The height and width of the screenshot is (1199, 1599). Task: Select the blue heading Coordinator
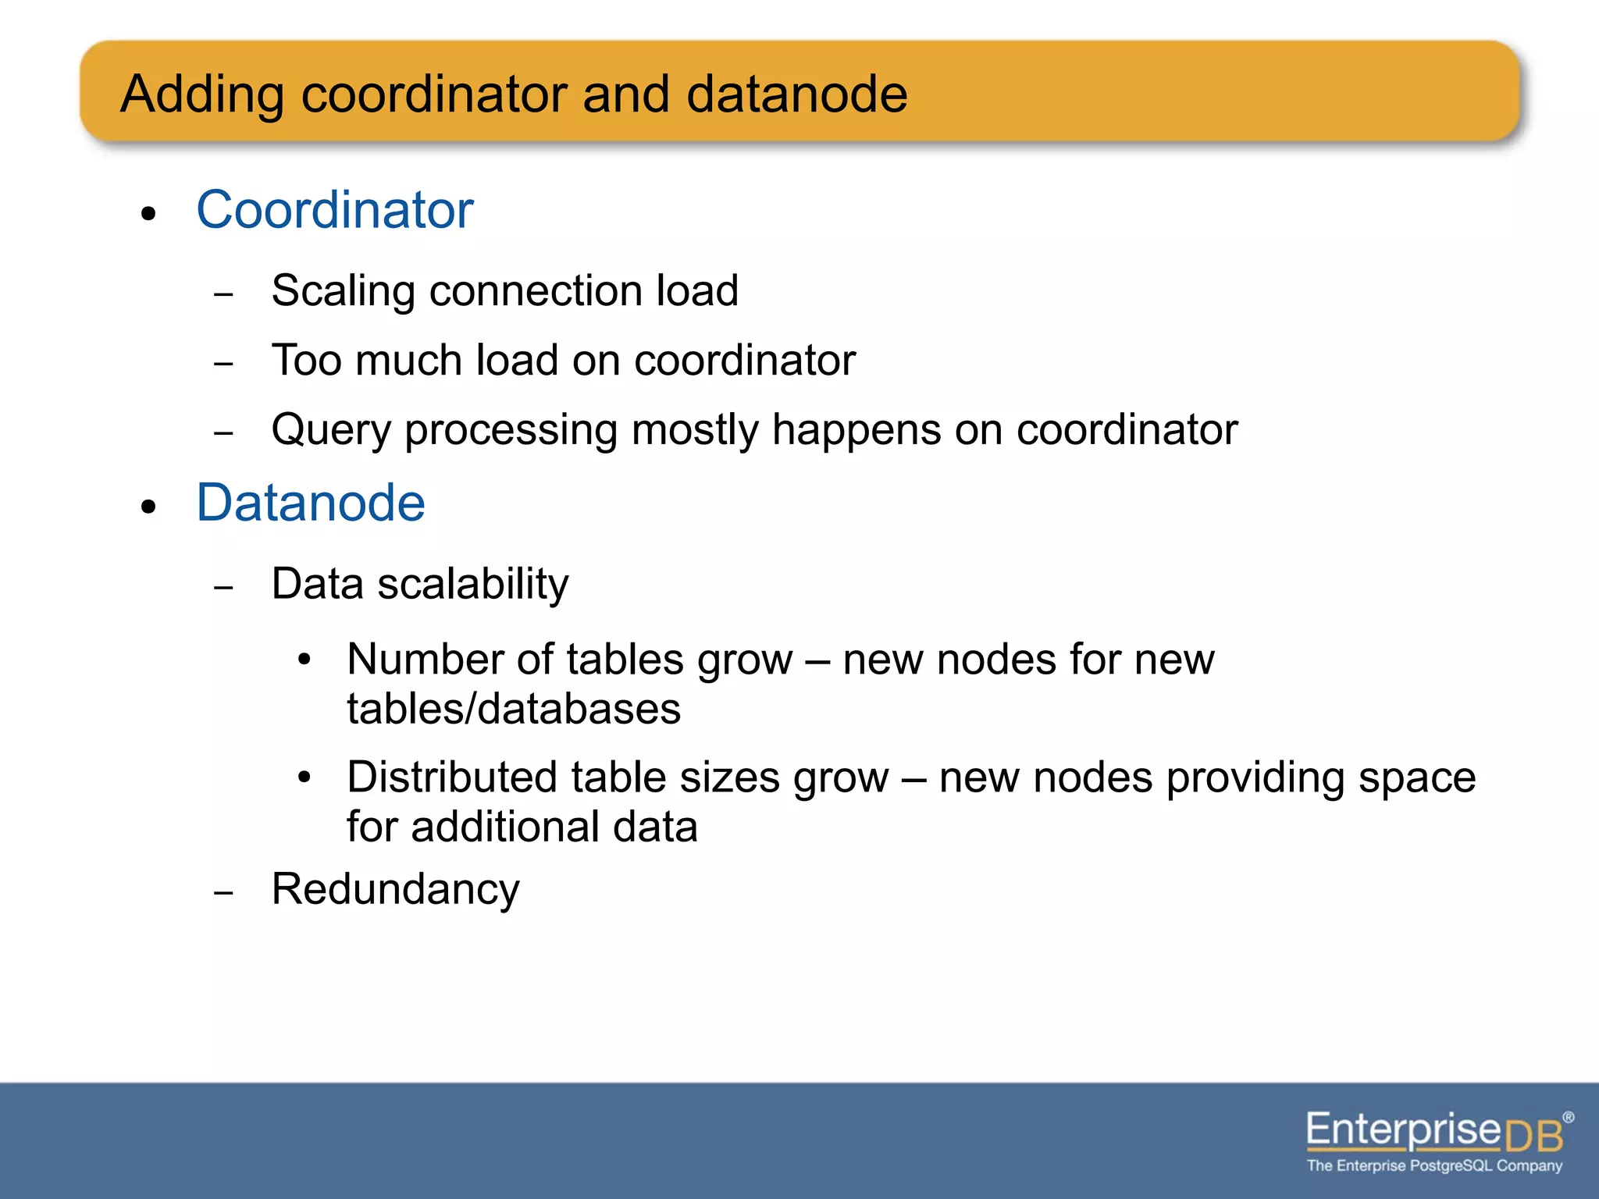click(335, 210)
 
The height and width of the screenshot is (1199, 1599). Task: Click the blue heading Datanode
click(311, 503)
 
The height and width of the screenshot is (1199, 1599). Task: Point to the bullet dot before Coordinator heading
click(149, 214)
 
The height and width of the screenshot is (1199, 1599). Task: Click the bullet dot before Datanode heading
click(149, 507)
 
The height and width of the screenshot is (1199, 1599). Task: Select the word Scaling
click(343, 292)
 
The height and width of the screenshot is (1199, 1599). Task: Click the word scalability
click(473, 585)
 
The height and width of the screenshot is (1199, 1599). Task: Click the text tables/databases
click(514, 709)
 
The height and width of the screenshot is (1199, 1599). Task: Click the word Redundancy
click(395, 889)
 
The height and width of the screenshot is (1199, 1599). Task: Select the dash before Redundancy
click(223, 892)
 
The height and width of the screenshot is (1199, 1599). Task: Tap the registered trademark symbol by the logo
click(1568, 1118)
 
